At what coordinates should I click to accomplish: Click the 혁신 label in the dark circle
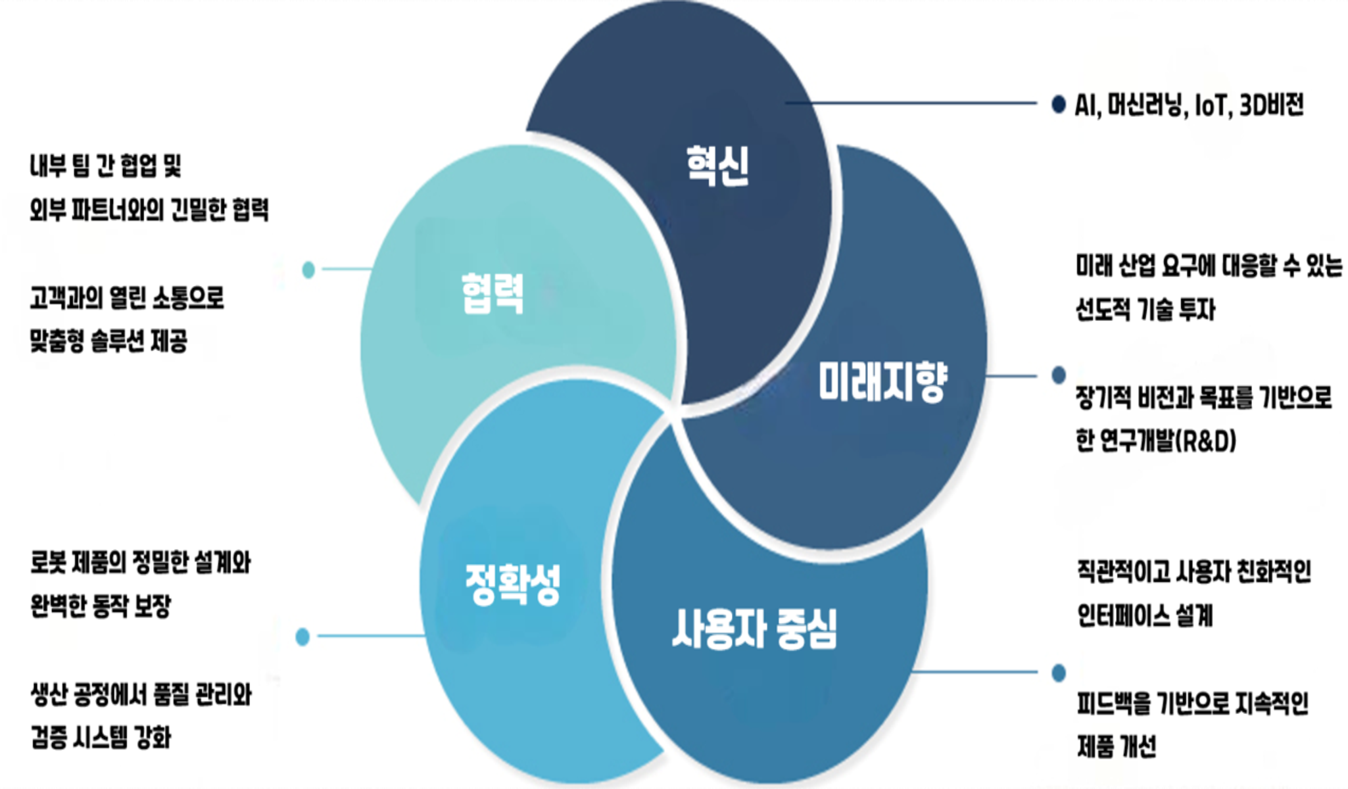pos(717,166)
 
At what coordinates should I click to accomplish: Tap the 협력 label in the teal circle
pos(493,293)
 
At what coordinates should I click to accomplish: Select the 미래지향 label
pos(882,381)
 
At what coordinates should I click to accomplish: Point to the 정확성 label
pos(513,584)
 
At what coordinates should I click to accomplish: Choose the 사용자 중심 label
pos(754,629)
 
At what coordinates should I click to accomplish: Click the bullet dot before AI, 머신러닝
pos(1058,104)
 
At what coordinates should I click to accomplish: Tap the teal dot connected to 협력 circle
pos(308,270)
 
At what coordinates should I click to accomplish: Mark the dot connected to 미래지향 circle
pos(1059,375)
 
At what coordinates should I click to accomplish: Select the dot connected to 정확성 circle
pos(302,636)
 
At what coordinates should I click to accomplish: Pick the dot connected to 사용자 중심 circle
pos(1059,673)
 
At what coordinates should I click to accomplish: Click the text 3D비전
pos(1271,105)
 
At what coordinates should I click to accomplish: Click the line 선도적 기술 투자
pos(1145,309)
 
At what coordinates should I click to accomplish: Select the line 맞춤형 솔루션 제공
pos(109,341)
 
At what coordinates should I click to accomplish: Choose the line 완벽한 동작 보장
pos(101,606)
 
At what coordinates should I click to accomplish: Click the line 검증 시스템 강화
pos(101,737)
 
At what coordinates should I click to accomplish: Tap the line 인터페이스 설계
pos(1145,615)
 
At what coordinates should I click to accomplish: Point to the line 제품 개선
pos(1117,746)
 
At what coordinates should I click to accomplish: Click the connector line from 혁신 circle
pos(914,103)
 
